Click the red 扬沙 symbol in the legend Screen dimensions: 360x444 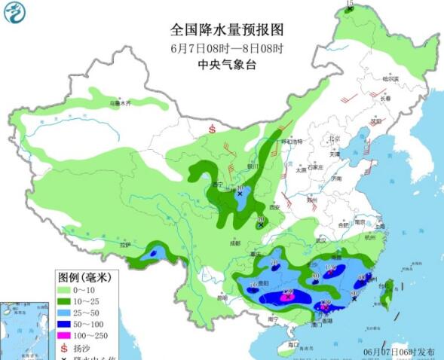click(64, 348)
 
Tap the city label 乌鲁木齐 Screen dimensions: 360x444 click(121, 102)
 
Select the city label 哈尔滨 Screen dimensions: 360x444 click(390, 78)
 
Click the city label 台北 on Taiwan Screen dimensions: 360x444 click(392, 285)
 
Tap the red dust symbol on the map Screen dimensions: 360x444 click(212, 130)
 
